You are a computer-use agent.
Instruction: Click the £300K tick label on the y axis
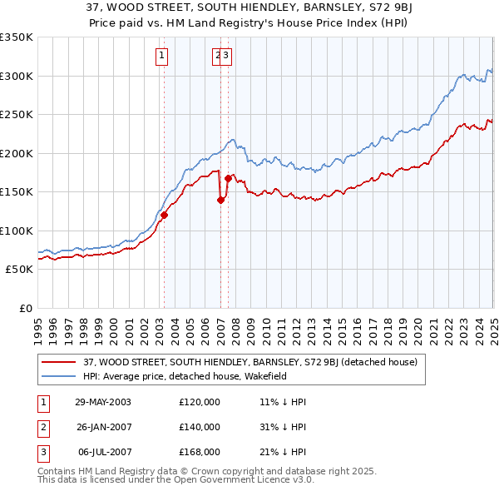click(16, 76)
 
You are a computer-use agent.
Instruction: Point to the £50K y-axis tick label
click(18, 270)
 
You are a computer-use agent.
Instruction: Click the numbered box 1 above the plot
click(161, 57)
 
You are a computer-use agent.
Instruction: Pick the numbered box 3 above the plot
click(225, 57)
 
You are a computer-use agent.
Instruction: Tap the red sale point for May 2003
click(164, 215)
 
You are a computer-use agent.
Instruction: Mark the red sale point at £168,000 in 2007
click(227, 178)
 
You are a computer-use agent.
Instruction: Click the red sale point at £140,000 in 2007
click(220, 200)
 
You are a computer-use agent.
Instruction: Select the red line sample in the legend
click(59, 362)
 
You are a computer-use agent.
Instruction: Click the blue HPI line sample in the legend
click(59, 376)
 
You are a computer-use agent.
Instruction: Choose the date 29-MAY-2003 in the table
click(103, 401)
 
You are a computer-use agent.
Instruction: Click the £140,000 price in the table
click(200, 427)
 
